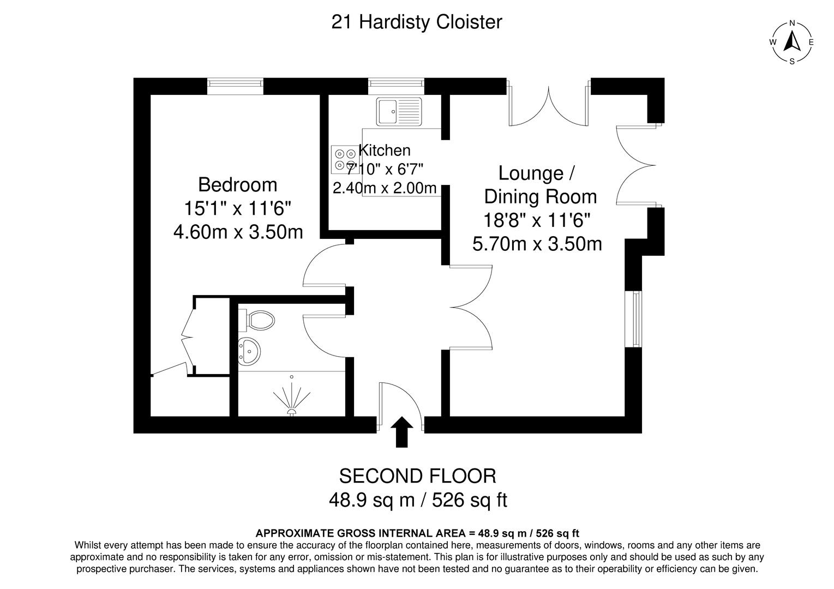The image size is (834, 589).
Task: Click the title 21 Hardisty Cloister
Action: coord(417,22)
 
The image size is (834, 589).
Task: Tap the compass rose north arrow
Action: coord(792,41)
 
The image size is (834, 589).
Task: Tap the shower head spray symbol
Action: coord(292,401)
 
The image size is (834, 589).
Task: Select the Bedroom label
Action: coord(237,185)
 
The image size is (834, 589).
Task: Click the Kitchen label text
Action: coord(385,150)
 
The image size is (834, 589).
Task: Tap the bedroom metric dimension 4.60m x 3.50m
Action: coord(238,232)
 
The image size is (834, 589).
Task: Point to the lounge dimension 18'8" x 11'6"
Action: coord(537,220)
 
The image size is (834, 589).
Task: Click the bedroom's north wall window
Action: coord(235,86)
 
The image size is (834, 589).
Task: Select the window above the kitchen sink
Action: coord(396,83)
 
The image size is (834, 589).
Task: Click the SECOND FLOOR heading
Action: coord(417,476)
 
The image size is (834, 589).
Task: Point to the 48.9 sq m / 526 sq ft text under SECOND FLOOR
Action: coord(417,500)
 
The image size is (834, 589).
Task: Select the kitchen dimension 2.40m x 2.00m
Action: coord(385,188)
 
